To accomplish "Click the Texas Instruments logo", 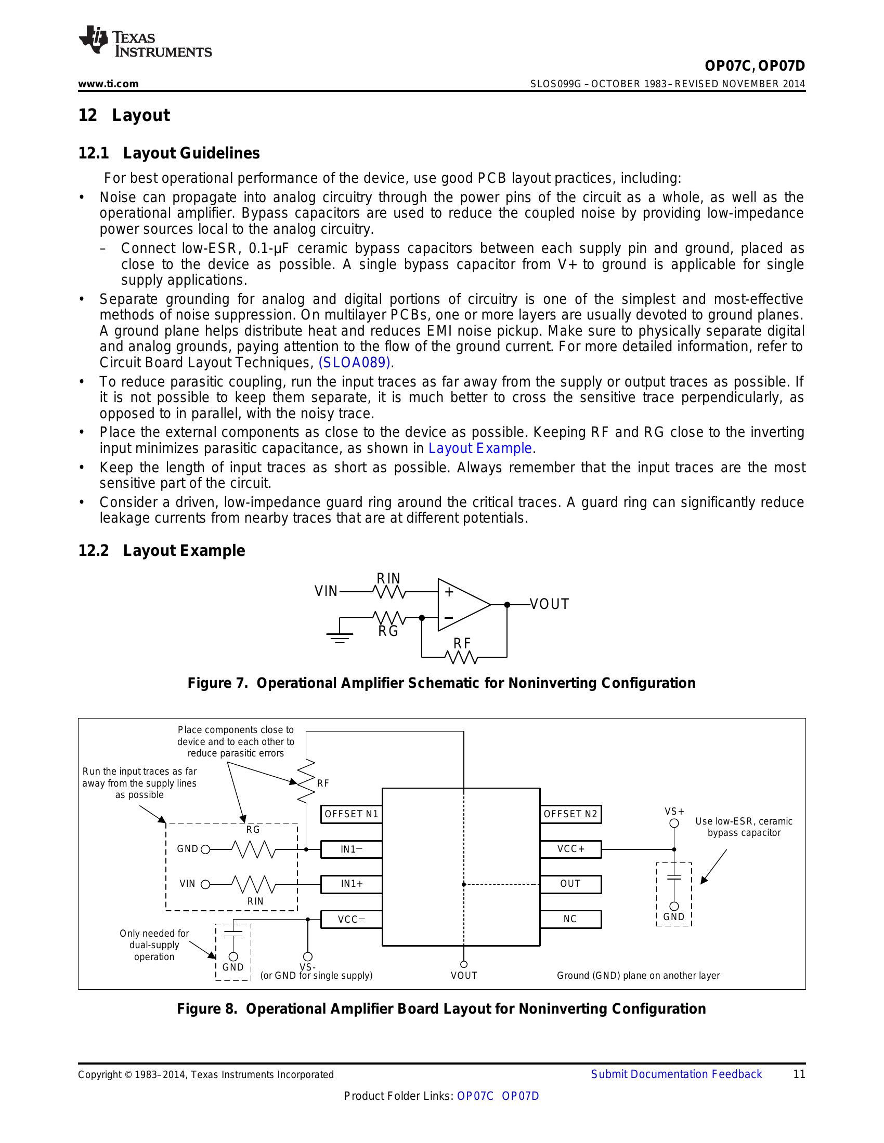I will coord(145,41).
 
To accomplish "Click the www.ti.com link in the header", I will coord(108,84).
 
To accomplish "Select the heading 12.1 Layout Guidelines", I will coord(168,153).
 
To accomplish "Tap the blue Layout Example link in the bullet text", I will coord(480,448).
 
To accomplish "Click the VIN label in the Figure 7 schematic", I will coord(326,591).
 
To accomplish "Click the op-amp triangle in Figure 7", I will coord(461,604).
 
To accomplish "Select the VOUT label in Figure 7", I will coord(549,604).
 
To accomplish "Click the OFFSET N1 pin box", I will coord(351,814).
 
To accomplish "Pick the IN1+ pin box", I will coord(351,884).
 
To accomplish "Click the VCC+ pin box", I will coord(570,849).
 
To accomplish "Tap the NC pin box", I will coord(570,919).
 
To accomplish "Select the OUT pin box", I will coord(570,884).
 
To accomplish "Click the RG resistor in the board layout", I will coord(253,849).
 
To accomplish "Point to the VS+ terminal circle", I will coord(674,823).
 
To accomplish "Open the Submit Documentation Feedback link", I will coord(676,1074).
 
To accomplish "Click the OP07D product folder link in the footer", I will coord(520,1096).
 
